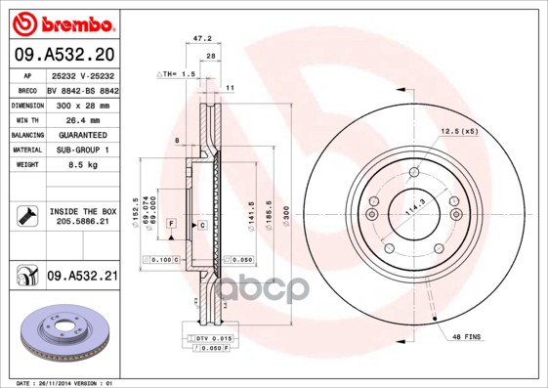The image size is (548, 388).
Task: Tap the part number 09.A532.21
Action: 82,278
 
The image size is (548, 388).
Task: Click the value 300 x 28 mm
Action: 82,105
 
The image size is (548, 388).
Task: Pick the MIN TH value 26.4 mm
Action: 82,119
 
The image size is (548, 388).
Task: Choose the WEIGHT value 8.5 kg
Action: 82,165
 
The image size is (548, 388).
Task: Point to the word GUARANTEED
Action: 82,135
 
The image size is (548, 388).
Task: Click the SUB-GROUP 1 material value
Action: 82,150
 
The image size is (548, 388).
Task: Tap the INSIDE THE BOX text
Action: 82,211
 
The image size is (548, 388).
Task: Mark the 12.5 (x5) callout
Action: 458,130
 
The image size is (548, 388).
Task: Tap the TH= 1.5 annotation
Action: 178,74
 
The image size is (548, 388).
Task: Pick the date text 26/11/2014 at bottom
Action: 62,382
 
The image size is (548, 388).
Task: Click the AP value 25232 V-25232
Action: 82,74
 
